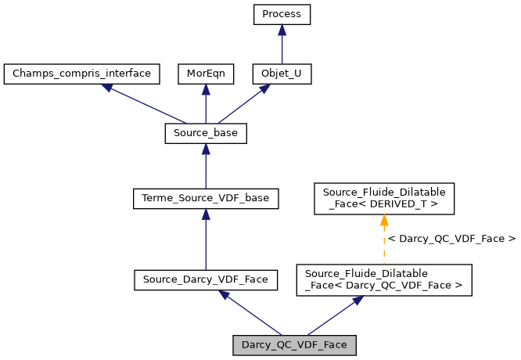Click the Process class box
click(x=282, y=15)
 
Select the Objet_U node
click(x=282, y=74)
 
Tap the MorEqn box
click(x=205, y=74)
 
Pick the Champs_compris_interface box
click(x=81, y=74)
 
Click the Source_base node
click(x=205, y=134)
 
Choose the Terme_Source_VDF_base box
click(x=205, y=199)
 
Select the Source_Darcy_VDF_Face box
click(x=205, y=279)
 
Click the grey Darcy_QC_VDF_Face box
click(x=294, y=344)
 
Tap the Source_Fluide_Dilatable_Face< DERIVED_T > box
click(x=383, y=199)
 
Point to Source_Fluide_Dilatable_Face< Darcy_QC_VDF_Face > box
click(x=383, y=279)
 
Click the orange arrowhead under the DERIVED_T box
click(x=384, y=220)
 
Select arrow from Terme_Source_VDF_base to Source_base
click(x=205, y=167)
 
